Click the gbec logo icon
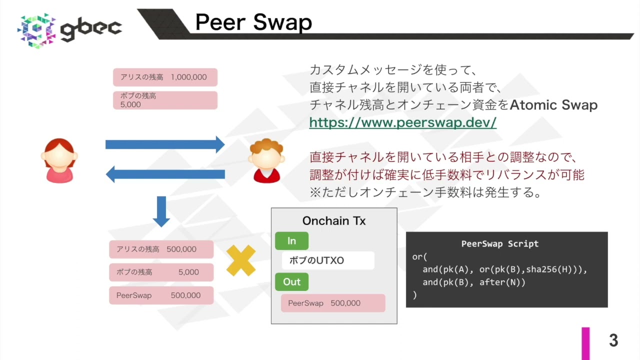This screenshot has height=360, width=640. coord(36,30)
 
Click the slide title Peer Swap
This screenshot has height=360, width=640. coord(253,22)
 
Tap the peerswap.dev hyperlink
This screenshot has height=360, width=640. coord(402,122)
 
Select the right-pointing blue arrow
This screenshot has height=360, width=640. coord(165,144)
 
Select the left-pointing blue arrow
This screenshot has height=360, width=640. coord(165,174)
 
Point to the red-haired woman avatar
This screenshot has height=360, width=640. coord(59,160)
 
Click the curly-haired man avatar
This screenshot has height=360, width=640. coord(266,160)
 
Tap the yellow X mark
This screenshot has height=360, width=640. coord(241,260)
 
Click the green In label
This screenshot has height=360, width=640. coord(291,241)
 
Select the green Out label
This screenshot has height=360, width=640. coord(291,281)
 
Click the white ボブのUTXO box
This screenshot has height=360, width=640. coord(328,260)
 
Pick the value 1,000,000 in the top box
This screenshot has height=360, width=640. coord(188,77)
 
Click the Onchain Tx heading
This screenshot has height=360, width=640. coord(334,221)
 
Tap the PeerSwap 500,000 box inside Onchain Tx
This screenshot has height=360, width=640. coord(332,303)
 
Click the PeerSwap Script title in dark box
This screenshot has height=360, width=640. coord(499,244)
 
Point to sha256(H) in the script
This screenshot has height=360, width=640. coord(548,269)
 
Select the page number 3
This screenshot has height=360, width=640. coord(613,340)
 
